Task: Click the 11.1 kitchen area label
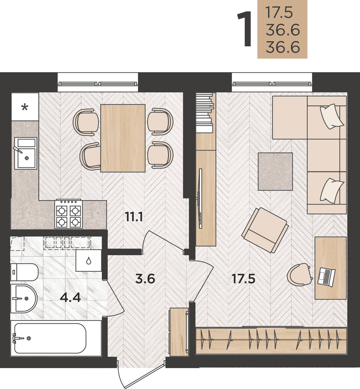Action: point(134,217)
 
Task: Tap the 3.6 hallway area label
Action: point(145,279)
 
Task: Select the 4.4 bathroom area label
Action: point(70,298)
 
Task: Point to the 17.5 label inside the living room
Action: point(243,279)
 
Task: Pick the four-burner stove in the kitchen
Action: point(68,214)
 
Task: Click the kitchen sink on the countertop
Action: point(26,153)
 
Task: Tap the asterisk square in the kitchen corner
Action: point(25,107)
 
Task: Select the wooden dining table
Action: point(123,138)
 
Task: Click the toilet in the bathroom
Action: point(24,272)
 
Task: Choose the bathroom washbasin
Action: point(24,299)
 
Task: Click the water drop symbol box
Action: point(89,261)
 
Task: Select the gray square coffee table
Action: point(275,172)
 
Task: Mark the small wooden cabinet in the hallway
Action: point(179,332)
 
